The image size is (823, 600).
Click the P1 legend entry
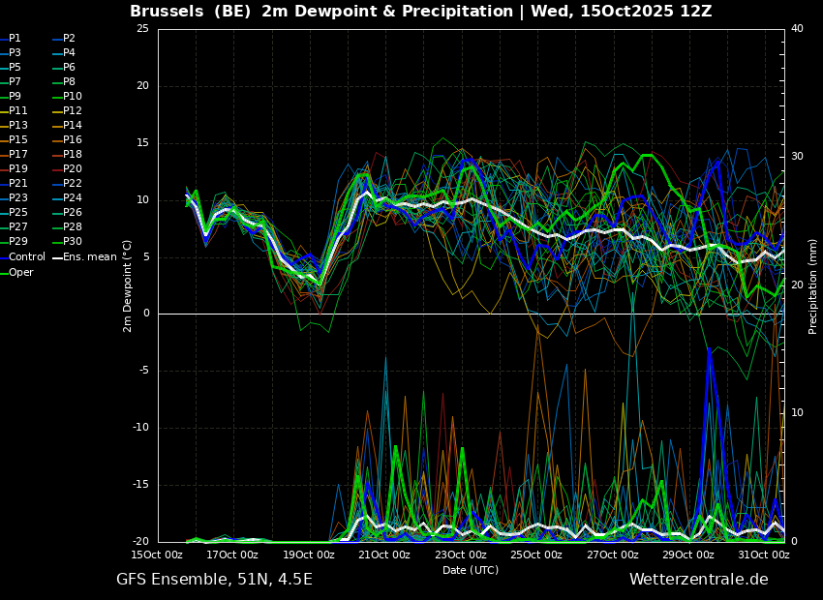tap(11, 39)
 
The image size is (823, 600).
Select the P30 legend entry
tap(68, 241)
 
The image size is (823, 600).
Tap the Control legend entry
tap(22, 257)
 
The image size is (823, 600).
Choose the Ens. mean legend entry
tap(85, 257)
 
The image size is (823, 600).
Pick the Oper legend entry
tap(16, 272)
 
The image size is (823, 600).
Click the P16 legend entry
tap(68, 140)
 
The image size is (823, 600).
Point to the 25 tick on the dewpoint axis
tap(142, 29)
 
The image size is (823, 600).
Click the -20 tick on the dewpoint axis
tap(139, 542)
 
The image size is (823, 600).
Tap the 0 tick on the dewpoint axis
tap(146, 314)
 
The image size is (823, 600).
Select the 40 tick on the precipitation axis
tap(797, 28)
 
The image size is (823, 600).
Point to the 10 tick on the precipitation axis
tap(797, 412)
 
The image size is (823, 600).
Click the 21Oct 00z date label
tap(384, 555)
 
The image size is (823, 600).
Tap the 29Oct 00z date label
tap(688, 555)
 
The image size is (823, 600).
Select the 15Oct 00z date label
tap(157, 555)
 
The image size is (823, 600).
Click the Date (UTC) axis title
tap(471, 570)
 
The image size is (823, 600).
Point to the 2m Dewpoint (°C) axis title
tap(127, 285)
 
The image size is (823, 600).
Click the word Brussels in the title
tap(167, 11)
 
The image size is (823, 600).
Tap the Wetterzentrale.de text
tap(699, 580)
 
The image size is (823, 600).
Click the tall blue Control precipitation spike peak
tap(709, 348)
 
